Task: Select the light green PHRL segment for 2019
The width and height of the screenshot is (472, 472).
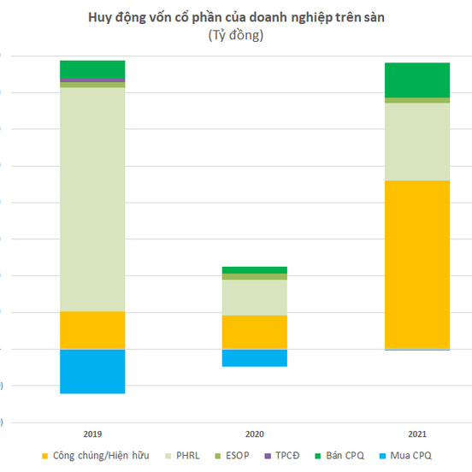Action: (x=92, y=199)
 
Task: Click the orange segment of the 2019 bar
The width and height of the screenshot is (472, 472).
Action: (x=92, y=330)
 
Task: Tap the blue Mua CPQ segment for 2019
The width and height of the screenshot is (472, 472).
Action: (x=92, y=371)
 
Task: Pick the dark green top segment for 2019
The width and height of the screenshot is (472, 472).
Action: (x=92, y=68)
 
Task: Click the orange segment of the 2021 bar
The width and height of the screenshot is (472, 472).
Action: (x=417, y=264)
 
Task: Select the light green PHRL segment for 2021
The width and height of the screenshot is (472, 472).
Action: (x=417, y=142)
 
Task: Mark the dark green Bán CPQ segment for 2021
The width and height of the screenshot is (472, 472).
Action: (x=417, y=80)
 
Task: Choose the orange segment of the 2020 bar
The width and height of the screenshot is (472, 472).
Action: (x=255, y=332)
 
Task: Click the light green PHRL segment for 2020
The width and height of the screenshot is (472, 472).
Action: (x=255, y=298)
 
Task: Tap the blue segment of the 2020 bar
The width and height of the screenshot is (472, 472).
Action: (x=255, y=357)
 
